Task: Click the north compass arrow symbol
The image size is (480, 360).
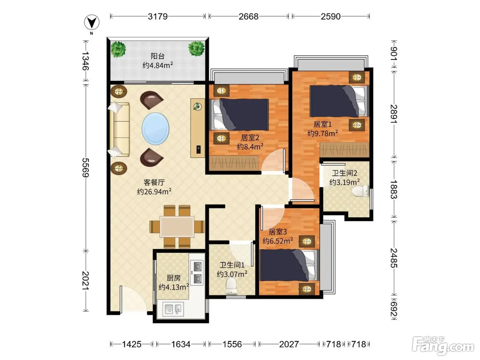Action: click(92, 22)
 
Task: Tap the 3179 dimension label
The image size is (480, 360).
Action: click(157, 16)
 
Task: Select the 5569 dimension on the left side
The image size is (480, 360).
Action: click(86, 168)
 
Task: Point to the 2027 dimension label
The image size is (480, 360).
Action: click(289, 344)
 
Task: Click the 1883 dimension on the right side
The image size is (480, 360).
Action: click(394, 189)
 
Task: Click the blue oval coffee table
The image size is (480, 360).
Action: click(155, 129)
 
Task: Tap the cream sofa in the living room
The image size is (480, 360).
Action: click(119, 129)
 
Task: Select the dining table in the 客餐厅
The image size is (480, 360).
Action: click(177, 227)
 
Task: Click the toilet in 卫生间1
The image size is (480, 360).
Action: click(231, 286)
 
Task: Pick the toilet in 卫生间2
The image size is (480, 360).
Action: click(360, 191)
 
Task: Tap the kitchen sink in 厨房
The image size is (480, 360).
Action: click(173, 309)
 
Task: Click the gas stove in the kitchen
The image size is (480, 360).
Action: click(197, 273)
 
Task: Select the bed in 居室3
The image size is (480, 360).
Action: click(289, 265)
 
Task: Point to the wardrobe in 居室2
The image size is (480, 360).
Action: click(234, 163)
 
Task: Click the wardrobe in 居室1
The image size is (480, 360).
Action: click(345, 150)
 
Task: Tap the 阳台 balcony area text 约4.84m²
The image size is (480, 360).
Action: click(158, 65)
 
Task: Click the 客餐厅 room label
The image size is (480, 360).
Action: click(154, 182)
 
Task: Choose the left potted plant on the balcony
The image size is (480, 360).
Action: click(118, 49)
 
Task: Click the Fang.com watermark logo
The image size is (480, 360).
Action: click(443, 346)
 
